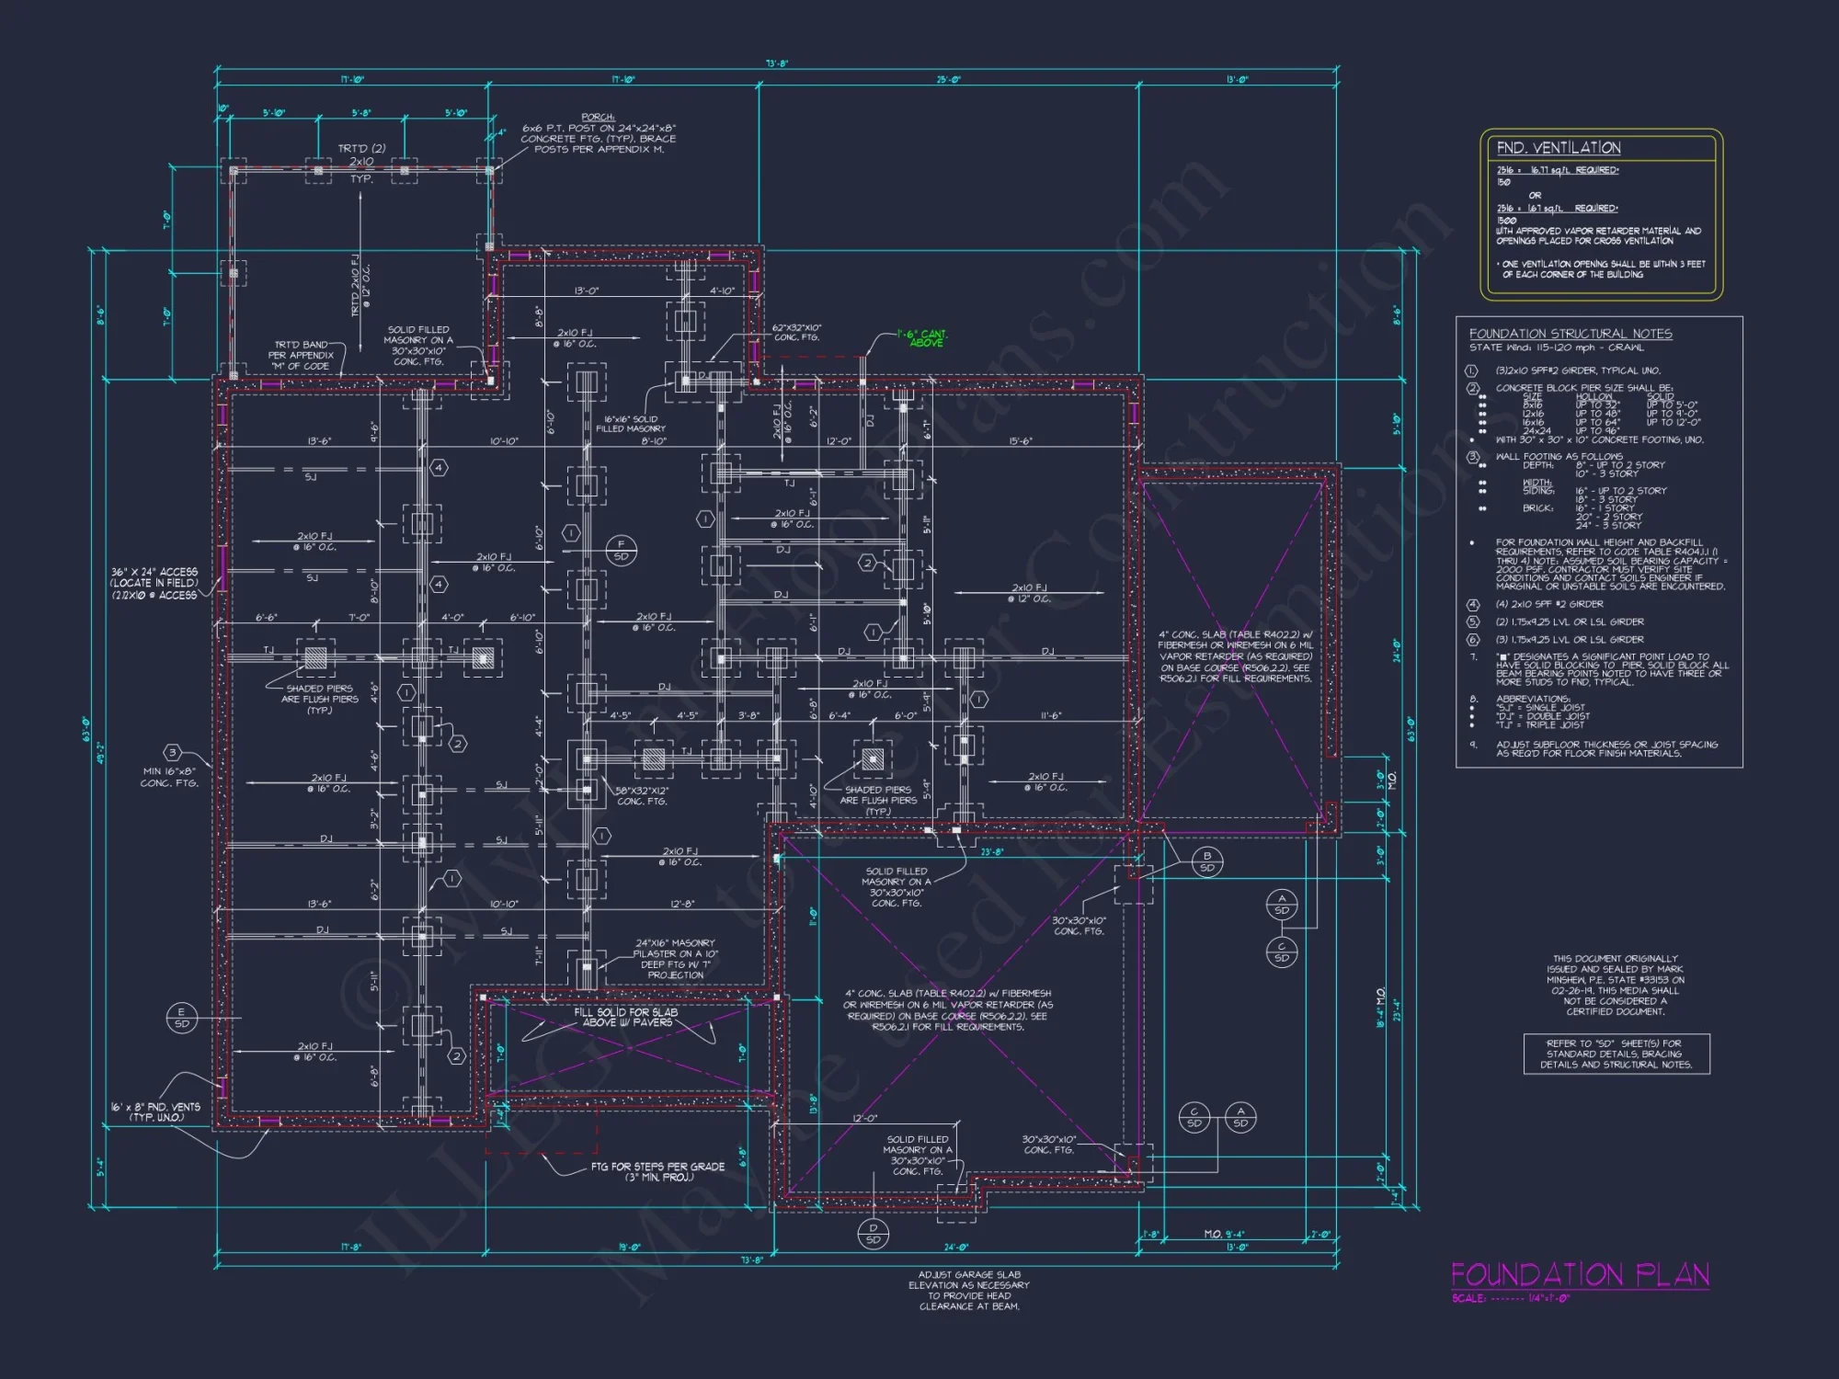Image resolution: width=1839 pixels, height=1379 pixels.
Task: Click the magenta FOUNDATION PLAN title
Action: (1580, 1275)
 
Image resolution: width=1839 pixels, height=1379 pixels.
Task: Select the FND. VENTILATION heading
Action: (1558, 148)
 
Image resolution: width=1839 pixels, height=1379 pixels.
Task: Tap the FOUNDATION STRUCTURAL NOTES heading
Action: (1570, 334)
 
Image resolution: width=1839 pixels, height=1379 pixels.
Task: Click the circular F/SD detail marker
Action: (621, 551)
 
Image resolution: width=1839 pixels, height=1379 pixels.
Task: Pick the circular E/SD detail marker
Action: (181, 1018)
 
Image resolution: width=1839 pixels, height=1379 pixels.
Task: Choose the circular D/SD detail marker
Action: (873, 1234)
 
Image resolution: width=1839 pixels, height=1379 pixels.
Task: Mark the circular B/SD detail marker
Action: (1206, 861)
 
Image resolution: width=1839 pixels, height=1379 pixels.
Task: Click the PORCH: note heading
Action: (598, 117)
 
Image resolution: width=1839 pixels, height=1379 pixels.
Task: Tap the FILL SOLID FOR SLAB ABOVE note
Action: (626, 1017)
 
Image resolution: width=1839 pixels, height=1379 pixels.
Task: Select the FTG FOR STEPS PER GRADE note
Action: (657, 1171)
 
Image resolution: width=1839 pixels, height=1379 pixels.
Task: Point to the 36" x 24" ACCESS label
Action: (154, 583)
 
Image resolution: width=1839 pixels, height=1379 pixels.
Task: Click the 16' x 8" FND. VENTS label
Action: (155, 1111)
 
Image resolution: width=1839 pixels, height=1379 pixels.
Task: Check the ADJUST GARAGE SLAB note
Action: (969, 1290)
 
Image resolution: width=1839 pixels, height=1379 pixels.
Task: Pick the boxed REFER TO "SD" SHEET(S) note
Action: (1616, 1054)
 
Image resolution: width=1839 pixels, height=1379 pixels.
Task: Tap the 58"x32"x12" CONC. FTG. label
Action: (642, 796)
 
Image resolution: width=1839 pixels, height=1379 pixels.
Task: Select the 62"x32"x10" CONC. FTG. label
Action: (797, 332)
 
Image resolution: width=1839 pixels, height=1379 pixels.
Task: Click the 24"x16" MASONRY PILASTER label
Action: (675, 959)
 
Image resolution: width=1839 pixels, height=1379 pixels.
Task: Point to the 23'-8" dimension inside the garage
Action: (991, 852)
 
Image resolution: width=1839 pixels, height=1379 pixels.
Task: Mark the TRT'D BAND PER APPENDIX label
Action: (301, 355)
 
